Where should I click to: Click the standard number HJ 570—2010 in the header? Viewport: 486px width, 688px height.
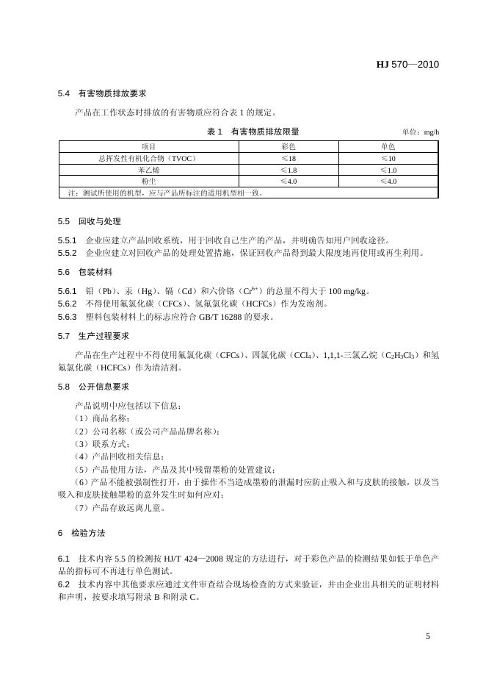point(407,65)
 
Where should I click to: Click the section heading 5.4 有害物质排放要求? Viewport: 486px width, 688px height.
point(102,94)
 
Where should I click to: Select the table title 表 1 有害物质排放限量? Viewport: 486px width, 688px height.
point(253,132)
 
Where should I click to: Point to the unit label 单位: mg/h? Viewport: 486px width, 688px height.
point(421,132)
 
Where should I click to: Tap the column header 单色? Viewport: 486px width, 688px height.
point(388,147)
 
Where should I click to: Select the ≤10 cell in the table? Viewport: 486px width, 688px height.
point(388,158)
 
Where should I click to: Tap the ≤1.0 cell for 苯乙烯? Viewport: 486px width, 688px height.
point(388,170)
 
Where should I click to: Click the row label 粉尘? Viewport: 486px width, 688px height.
point(148,181)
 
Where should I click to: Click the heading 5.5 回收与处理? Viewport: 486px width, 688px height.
point(89,221)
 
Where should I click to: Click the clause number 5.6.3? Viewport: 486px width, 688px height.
point(67,317)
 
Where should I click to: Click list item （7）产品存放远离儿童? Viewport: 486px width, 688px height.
point(119,507)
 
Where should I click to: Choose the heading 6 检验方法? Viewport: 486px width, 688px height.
point(81,532)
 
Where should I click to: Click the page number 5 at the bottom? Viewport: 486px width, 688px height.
point(428,636)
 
